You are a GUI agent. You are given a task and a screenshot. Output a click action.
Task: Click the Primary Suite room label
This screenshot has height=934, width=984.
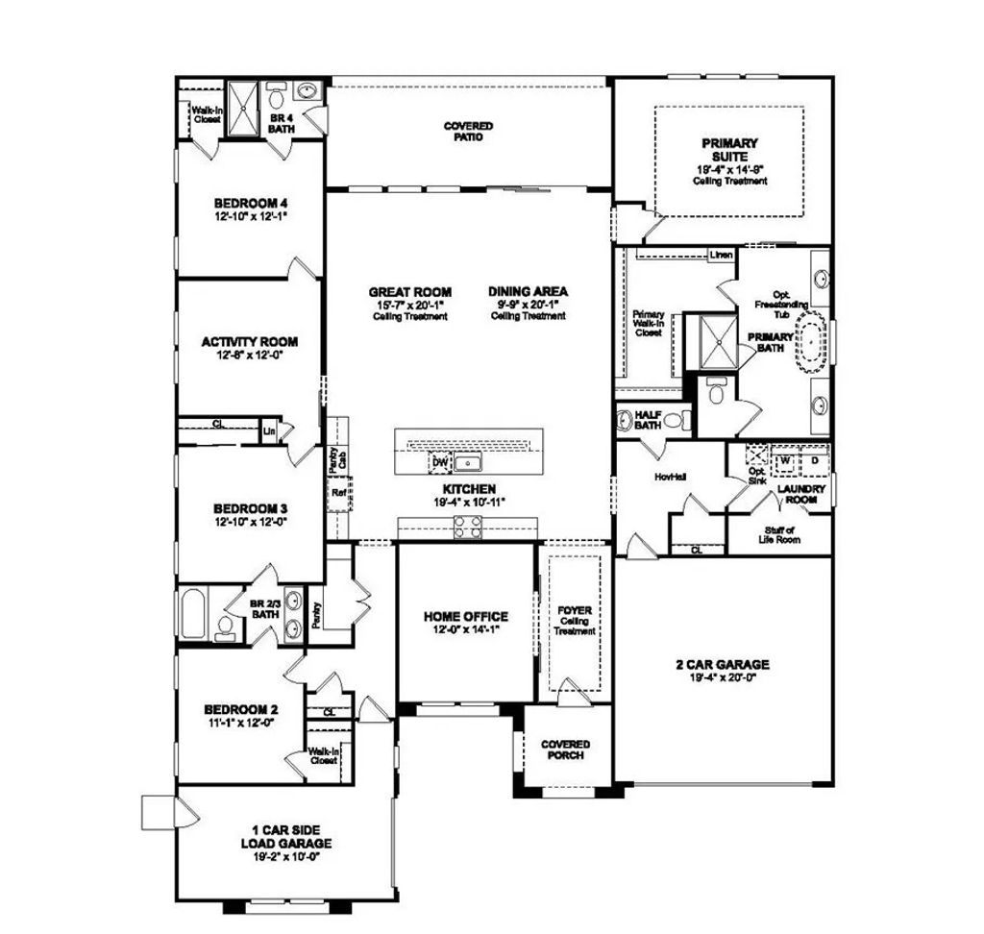click(730, 150)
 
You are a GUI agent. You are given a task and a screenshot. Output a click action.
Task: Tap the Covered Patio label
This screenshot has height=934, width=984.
click(468, 132)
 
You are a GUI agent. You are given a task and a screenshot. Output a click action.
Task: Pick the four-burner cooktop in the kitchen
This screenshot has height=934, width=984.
click(467, 526)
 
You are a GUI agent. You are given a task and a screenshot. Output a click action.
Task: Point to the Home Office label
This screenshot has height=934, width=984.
click(466, 617)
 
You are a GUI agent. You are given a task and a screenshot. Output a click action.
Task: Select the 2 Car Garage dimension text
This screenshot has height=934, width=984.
click(722, 677)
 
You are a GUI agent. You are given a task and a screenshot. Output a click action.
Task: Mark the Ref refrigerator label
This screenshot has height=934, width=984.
click(338, 494)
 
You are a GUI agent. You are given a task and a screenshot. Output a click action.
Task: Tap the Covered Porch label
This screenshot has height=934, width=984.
click(565, 750)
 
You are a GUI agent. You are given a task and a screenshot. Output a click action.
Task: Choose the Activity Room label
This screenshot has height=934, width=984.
click(249, 341)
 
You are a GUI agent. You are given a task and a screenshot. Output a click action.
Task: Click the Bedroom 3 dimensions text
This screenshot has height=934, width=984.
click(250, 522)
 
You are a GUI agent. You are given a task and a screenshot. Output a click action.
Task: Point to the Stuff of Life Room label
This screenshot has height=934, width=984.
click(779, 535)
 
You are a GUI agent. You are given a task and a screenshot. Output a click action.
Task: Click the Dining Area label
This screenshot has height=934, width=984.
click(528, 291)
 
